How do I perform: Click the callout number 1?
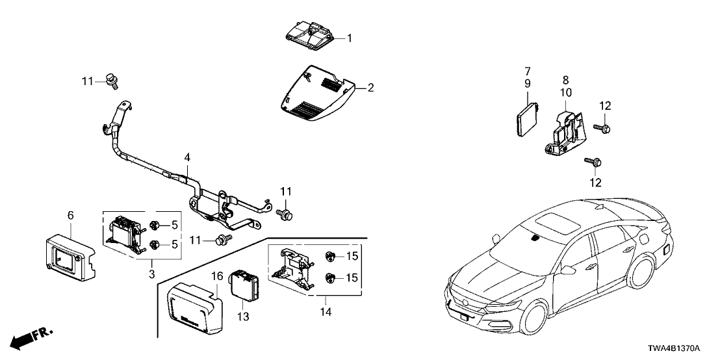tap(349, 38)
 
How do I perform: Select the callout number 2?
tap(370, 87)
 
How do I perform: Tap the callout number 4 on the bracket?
tap(187, 157)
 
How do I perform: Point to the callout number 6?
tap(70, 214)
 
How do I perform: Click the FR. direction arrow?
tap(32, 337)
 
